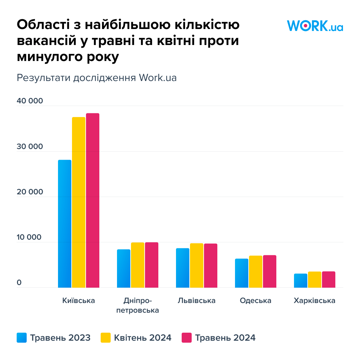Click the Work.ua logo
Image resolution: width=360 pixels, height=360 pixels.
pyautogui.click(x=315, y=26)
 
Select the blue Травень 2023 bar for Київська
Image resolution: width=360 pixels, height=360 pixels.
pyautogui.click(x=65, y=224)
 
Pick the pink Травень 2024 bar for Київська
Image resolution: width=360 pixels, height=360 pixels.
pyautogui.click(x=93, y=200)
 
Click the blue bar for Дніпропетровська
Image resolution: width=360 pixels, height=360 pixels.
pyautogui.click(x=124, y=268)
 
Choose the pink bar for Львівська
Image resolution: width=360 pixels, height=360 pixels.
pyautogui.click(x=211, y=265)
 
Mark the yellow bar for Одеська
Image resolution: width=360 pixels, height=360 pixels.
pyautogui.click(x=256, y=271)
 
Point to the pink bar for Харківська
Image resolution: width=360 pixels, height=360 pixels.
pyautogui.click(x=329, y=279)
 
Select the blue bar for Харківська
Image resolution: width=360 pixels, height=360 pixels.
pyautogui.click(x=301, y=280)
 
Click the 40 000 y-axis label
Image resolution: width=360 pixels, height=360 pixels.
pyautogui.click(x=30, y=101)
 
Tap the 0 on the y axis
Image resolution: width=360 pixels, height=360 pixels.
pyautogui.click(x=19, y=283)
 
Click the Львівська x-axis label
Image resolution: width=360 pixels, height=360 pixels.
pyautogui.click(x=197, y=301)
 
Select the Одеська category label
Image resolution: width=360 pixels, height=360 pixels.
pyautogui.click(x=256, y=301)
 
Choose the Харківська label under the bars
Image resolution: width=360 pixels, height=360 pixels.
pyautogui.click(x=315, y=301)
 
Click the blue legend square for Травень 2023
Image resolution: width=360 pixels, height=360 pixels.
pyautogui.click(x=22, y=338)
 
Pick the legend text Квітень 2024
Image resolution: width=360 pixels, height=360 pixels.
pyautogui.click(x=143, y=338)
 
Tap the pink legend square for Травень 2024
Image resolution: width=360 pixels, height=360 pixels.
pyautogui.click(x=187, y=338)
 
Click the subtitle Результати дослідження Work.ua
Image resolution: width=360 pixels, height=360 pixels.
pyautogui.click(x=97, y=78)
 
